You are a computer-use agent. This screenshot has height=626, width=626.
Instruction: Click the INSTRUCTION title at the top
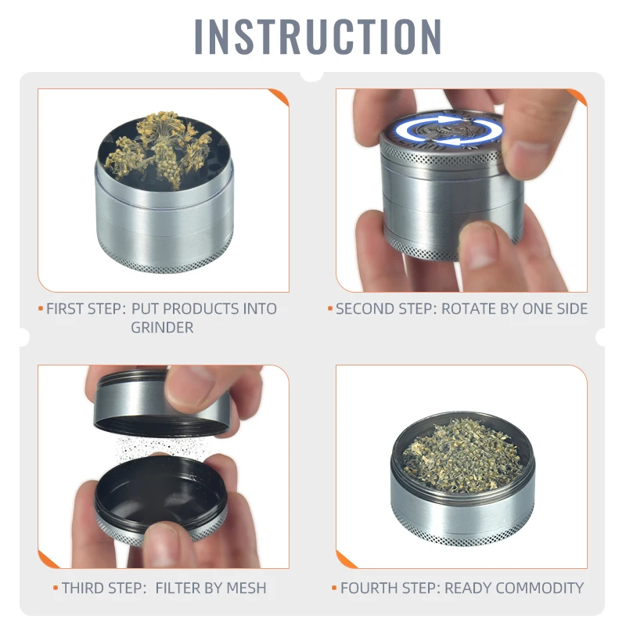click(x=318, y=36)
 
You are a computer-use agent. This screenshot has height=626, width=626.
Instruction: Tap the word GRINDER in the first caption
click(x=162, y=327)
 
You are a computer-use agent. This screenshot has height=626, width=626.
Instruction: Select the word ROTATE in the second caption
click(x=466, y=308)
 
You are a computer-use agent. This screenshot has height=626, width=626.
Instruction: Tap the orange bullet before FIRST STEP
click(x=41, y=308)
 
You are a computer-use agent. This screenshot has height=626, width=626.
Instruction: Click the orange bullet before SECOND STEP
click(x=330, y=308)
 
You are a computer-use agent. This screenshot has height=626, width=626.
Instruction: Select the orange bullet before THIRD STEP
click(x=56, y=588)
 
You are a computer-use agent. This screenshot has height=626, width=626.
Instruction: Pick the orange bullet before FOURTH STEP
click(x=334, y=588)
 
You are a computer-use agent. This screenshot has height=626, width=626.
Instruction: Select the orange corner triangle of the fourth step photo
click(x=345, y=559)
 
